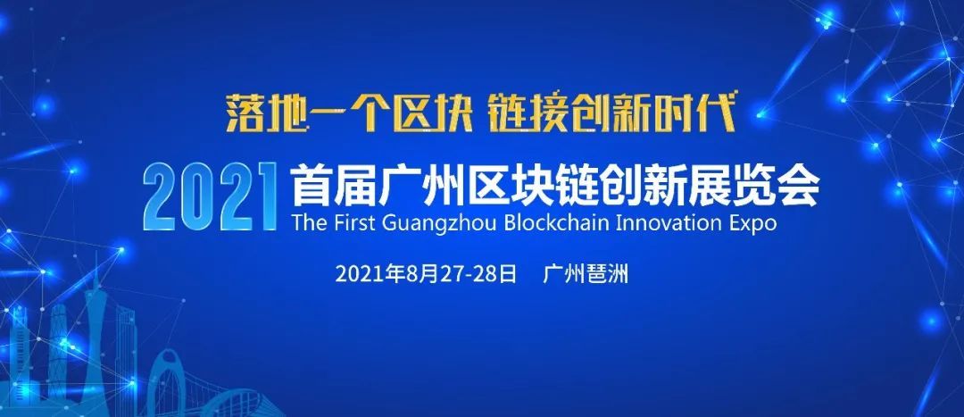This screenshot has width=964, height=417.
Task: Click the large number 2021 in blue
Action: [x=211, y=196]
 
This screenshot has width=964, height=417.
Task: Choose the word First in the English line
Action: [x=354, y=221]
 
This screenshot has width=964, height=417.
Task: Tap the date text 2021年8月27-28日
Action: [x=426, y=274]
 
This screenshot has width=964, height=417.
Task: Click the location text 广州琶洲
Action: [x=586, y=274]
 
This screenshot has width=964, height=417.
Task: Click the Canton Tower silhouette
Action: [x=95, y=332]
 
